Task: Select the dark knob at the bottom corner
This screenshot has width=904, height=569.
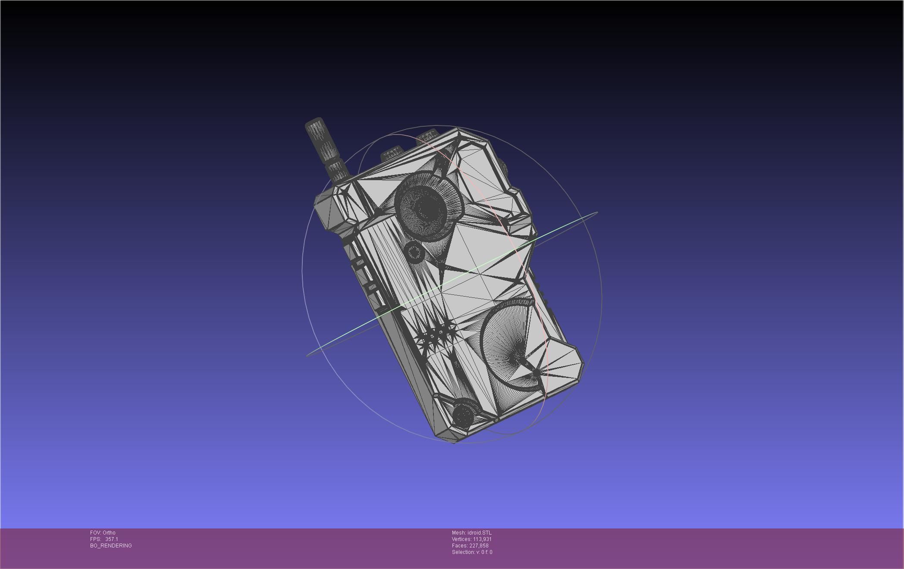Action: (463, 413)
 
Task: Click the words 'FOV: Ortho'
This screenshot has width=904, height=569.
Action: (103, 533)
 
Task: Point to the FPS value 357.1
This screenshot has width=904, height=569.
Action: (111, 539)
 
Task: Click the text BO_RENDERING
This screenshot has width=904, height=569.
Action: (111, 546)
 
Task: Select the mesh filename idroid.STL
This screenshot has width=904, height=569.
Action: (479, 533)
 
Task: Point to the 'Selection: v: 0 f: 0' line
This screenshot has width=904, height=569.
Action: (472, 552)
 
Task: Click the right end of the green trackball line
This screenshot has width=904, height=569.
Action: (596, 212)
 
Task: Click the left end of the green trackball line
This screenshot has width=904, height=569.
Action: (308, 356)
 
